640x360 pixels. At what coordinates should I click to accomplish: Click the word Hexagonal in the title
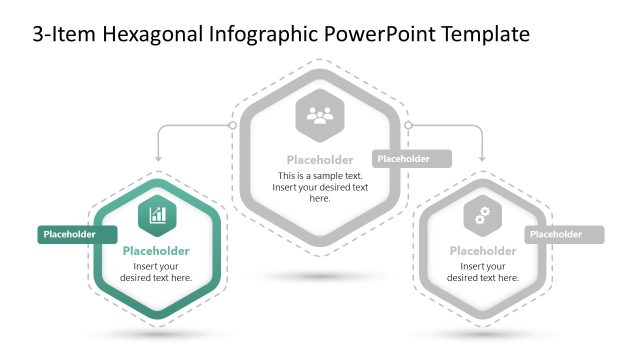(155, 34)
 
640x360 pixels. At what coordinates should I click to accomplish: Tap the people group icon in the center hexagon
(319, 117)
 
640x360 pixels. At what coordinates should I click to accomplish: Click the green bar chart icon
(157, 213)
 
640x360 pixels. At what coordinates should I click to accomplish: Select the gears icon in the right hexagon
(482, 214)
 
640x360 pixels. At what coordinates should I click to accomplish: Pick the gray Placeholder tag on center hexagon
(411, 159)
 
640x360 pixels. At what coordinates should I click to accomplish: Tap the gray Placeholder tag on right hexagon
(564, 235)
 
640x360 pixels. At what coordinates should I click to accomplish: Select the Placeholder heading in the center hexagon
(319, 160)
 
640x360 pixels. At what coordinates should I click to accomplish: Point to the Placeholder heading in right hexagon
(483, 251)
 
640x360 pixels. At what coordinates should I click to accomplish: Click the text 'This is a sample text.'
(319, 176)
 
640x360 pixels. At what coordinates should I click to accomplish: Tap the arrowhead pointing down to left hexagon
(157, 158)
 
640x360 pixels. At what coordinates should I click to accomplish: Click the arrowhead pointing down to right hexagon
(482, 158)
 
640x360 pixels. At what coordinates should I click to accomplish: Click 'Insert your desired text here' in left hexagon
(156, 272)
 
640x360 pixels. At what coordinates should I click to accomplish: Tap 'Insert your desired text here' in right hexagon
(483, 272)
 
